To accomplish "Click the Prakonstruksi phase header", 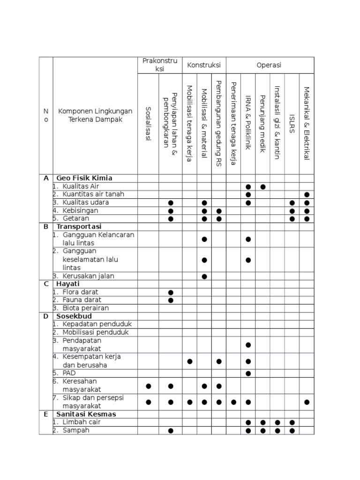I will point(160,65).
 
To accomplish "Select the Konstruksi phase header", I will point(204,65).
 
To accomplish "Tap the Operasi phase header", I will point(269,65).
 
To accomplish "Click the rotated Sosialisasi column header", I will point(148,124).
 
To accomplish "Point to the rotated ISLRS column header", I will point(292,124).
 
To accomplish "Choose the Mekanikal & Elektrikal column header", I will point(307,124).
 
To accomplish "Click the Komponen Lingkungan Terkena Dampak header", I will point(95,115).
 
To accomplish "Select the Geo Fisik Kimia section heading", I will point(84,178).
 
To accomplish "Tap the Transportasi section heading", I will point(79,226).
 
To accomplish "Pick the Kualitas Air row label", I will point(81,187).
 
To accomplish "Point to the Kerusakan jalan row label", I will point(88,276).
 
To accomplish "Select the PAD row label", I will point(69,373).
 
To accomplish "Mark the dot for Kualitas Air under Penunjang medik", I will point(263,187).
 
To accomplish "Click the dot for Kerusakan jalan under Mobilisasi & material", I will point(204,277).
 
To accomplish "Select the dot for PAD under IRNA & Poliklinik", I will point(248,374).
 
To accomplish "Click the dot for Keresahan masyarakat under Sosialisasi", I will point(149,386).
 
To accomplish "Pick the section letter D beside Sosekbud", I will point(46,316).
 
